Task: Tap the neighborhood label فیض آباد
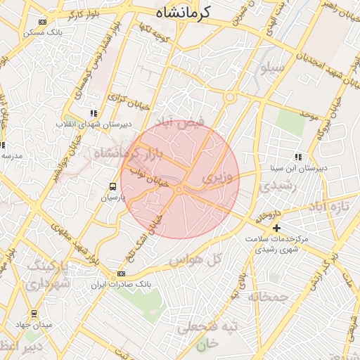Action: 181,122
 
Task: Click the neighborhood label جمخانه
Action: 268,297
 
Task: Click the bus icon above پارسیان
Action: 112,186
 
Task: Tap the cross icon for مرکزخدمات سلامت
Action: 277,228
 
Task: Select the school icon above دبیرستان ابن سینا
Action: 298,157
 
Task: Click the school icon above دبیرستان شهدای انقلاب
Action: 93,112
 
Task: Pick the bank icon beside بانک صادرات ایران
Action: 121,274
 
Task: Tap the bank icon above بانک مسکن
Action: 43,22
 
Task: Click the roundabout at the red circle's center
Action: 180,189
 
